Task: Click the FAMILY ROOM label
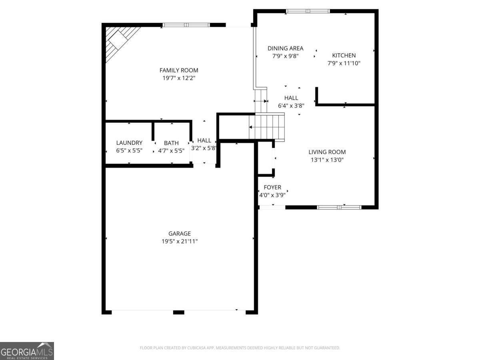coord(179,70)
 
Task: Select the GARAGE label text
coord(179,234)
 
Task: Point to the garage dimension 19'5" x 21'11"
coord(179,241)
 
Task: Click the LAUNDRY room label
coord(129,143)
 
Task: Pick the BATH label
coord(171,143)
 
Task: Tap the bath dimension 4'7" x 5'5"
coord(171,151)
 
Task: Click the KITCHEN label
coord(344,55)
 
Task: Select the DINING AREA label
coord(285,48)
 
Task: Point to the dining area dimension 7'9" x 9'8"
coord(285,56)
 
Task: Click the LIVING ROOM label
coord(327,152)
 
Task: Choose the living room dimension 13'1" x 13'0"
coord(327,160)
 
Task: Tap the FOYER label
coord(272,187)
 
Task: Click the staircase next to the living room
coord(267,127)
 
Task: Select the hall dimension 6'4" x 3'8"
coord(291,106)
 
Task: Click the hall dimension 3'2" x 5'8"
coord(204,148)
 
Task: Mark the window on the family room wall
coord(186,25)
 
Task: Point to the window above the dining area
coord(308,11)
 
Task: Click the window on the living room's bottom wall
coord(339,207)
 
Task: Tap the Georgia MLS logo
coord(27,351)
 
